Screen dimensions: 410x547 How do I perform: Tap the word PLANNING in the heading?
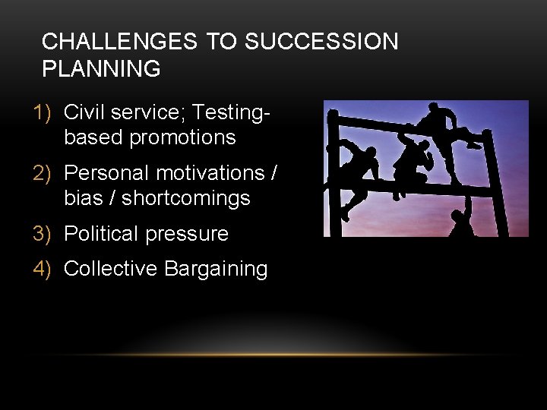101,69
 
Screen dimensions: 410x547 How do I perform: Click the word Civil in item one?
84,112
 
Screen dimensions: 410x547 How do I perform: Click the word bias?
84,199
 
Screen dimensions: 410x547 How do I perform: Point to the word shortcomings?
185,199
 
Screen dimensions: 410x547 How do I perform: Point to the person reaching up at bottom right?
460,222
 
